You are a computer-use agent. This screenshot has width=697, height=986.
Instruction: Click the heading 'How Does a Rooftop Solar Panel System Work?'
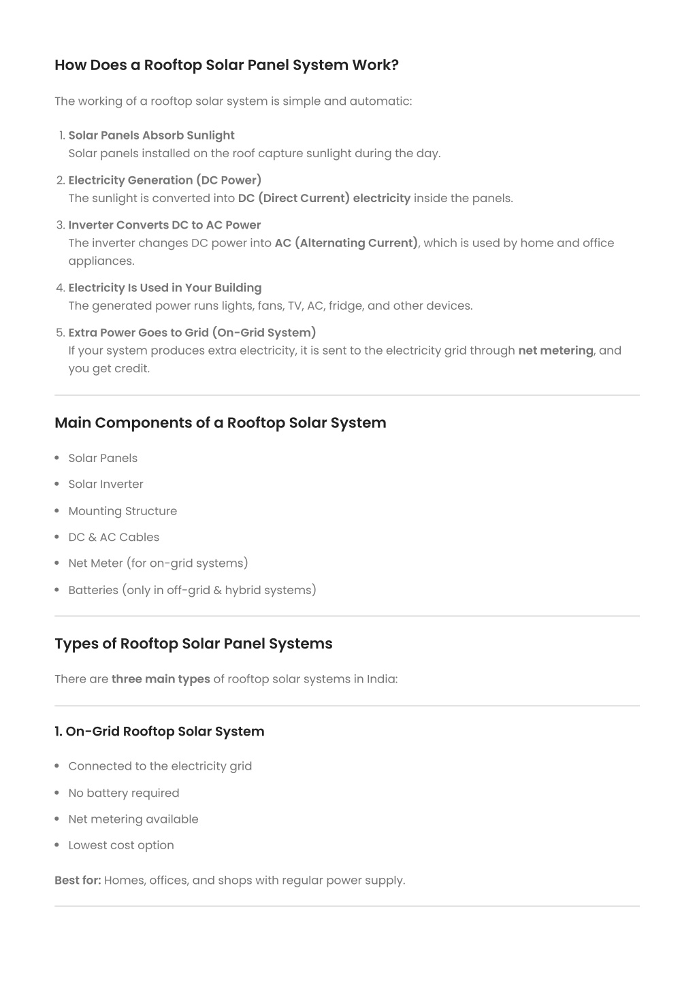point(226,65)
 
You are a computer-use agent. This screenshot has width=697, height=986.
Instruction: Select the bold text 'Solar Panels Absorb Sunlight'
point(151,135)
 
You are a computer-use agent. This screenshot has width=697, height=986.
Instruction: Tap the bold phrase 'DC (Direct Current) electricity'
point(324,198)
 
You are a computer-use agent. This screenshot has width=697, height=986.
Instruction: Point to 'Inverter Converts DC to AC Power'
point(164,225)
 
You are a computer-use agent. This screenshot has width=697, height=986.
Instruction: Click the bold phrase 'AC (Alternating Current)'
point(346,243)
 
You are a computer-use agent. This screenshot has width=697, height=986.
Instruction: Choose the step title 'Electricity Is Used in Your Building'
point(165,288)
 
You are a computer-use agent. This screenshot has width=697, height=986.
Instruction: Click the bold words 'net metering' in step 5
point(555,350)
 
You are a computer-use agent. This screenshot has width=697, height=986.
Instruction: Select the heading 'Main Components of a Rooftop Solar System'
point(220,423)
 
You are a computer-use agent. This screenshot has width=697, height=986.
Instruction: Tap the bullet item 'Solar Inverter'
point(106,484)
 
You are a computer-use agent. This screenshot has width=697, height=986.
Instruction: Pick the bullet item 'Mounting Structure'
point(123,511)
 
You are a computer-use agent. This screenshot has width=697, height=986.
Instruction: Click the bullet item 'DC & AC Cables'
point(114,537)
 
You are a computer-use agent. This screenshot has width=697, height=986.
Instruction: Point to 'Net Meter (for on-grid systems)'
point(158,563)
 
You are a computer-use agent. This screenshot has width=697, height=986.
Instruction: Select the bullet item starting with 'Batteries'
point(192,590)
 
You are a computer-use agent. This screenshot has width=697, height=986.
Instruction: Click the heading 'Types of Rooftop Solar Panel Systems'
point(193,644)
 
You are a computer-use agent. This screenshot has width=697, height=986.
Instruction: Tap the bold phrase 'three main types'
point(161,679)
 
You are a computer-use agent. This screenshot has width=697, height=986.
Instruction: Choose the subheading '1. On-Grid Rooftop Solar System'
point(159,732)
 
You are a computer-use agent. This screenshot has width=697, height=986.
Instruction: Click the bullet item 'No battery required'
point(123,793)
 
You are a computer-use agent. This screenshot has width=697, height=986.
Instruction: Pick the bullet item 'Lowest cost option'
point(120,845)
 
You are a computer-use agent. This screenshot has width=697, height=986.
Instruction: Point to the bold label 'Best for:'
point(78,881)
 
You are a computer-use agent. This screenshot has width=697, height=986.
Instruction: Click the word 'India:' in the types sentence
point(382,679)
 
